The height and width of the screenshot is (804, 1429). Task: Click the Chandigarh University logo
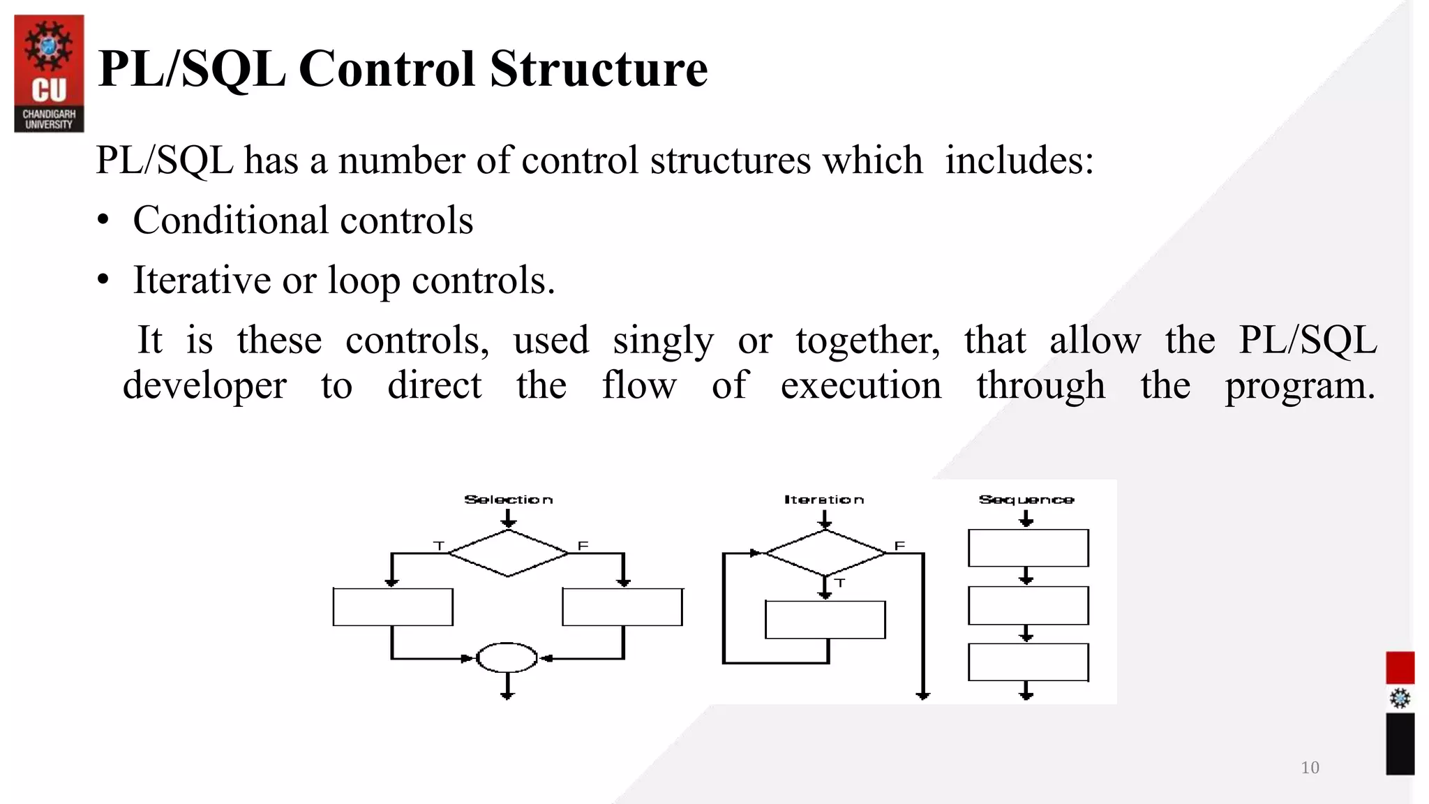pos(49,73)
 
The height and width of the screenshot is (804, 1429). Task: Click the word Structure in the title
pos(599,69)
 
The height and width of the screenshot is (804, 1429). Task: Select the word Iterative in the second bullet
pos(201,281)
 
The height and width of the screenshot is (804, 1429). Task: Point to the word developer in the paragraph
pos(204,386)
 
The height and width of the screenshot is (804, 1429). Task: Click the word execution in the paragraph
pos(860,386)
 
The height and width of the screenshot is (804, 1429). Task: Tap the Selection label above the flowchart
pos(509,500)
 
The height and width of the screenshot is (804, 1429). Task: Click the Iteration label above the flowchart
pos(824,500)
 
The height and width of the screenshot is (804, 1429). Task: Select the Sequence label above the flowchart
pos(1026,500)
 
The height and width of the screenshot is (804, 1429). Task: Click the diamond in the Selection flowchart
pos(508,553)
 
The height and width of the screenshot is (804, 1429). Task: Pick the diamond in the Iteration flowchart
pos(825,553)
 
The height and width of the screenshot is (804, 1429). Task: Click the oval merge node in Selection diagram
pos(507,657)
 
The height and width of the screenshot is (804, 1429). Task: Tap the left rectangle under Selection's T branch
pos(393,607)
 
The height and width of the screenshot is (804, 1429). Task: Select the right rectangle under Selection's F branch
pos(622,607)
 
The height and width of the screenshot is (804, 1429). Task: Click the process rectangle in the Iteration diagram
pos(825,620)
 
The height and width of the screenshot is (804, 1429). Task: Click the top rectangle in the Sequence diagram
pos(1028,548)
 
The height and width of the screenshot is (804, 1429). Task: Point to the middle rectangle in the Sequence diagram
pos(1028,605)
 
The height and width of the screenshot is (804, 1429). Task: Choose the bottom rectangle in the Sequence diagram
pos(1028,662)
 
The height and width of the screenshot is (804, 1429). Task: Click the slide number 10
pos(1310,768)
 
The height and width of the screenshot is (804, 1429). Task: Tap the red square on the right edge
pos(1400,668)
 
